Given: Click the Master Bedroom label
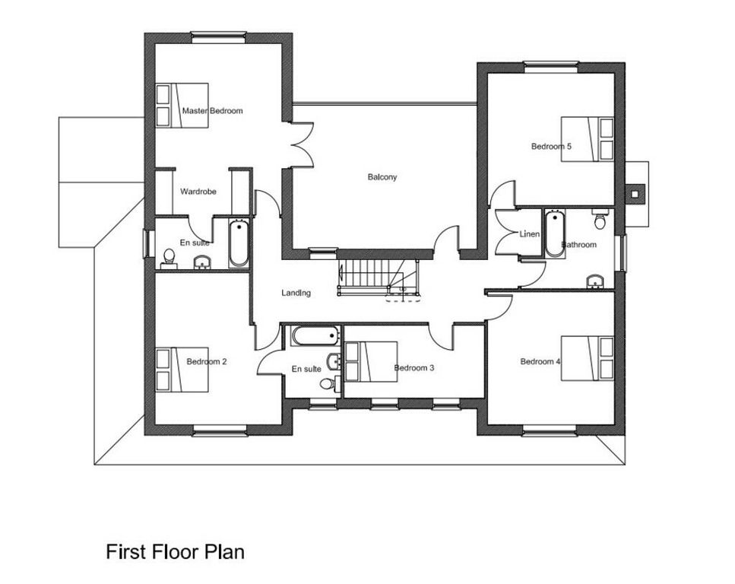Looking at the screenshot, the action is (x=212, y=111).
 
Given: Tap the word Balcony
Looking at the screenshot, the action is (x=382, y=177).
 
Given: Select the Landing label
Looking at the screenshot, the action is (x=296, y=293).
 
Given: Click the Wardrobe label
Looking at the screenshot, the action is (x=198, y=192).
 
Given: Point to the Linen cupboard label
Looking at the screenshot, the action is (x=530, y=233).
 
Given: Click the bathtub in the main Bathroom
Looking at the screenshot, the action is (x=555, y=233).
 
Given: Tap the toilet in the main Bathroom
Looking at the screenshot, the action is (x=600, y=218).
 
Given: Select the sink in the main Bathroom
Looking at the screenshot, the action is (x=595, y=281).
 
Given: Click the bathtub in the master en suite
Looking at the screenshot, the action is (x=239, y=243).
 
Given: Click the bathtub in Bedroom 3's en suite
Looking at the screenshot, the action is (x=315, y=336).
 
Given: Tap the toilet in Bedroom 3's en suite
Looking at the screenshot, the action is (x=329, y=383).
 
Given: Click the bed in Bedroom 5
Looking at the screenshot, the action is (x=588, y=139).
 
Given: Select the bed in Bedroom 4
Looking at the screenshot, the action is (x=588, y=358).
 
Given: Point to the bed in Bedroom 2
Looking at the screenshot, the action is (x=182, y=370).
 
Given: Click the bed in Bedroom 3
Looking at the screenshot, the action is (x=371, y=362).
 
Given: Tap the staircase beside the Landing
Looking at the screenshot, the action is (x=379, y=278).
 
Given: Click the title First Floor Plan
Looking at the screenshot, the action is (x=176, y=551).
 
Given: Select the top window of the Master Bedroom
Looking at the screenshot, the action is (x=219, y=37).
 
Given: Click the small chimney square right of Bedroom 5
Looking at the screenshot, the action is (x=635, y=194).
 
